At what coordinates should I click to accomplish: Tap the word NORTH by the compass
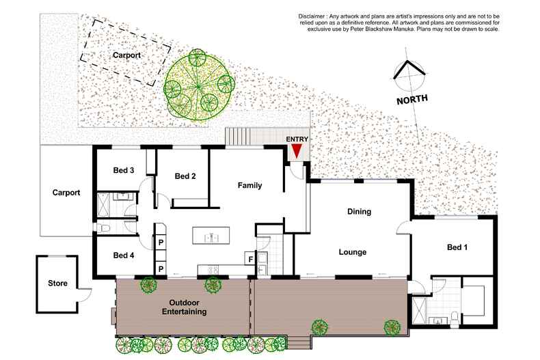412,100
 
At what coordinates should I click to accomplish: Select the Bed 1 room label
457,247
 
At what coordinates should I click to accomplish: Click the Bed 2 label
185,176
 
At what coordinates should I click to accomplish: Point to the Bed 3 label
124,170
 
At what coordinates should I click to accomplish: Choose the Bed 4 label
124,255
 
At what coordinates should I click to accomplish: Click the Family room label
249,186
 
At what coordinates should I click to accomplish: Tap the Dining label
359,212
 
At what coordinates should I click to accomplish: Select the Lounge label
353,252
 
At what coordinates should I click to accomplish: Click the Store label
57,283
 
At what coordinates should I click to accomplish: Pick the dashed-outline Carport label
126,55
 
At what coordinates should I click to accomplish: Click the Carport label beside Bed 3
66,193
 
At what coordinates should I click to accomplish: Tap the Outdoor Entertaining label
185,307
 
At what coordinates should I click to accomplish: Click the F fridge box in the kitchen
250,258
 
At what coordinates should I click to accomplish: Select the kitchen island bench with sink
211,236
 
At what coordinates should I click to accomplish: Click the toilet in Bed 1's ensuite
455,318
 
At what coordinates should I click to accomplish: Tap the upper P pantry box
161,243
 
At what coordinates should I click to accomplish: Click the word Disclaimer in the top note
311,16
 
